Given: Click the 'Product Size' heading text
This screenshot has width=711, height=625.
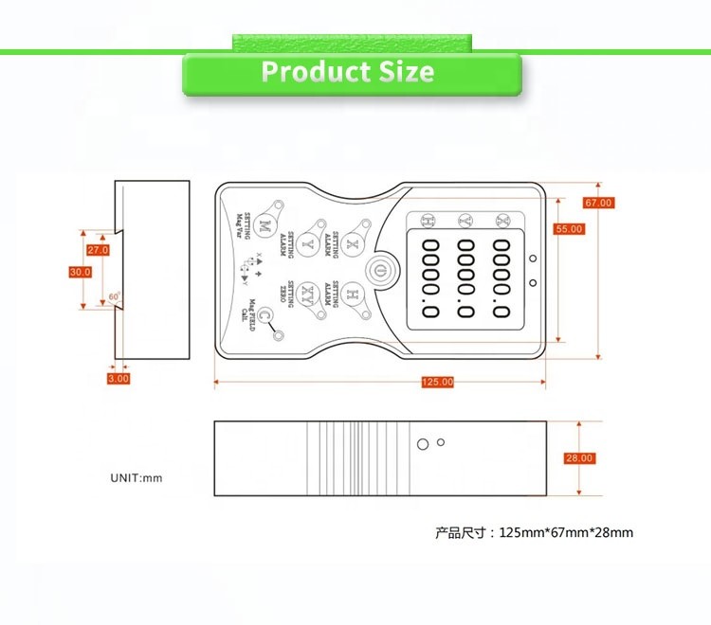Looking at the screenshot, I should [x=348, y=72].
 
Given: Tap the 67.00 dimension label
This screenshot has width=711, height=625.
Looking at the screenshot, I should [x=598, y=203].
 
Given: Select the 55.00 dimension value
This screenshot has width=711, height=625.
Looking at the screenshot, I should [x=569, y=229].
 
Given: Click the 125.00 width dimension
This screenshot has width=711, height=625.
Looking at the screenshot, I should [x=437, y=382].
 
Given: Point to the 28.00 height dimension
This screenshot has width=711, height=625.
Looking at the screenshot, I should [x=579, y=458].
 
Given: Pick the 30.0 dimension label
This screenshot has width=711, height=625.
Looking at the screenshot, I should [x=80, y=272].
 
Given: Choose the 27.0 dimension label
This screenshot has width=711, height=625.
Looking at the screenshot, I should [x=98, y=250].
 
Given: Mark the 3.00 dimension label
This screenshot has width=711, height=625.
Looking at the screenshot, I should [x=118, y=378].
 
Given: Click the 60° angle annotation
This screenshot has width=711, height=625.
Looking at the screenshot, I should [x=114, y=296].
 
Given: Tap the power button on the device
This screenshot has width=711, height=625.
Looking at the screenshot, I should [x=380, y=270].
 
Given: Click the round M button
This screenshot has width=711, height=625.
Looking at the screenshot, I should [x=265, y=226].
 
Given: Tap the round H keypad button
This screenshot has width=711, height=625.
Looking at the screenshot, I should [x=352, y=293].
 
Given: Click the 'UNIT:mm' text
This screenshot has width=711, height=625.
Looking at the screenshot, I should [x=137, y=478].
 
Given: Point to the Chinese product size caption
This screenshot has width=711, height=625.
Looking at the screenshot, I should [x=534, y=532].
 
